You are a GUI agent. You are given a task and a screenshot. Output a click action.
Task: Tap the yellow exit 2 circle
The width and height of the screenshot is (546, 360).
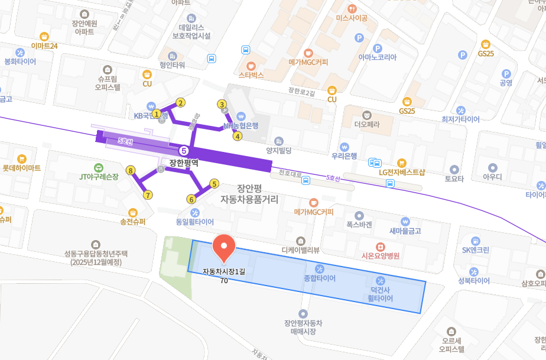[x=181, y=102]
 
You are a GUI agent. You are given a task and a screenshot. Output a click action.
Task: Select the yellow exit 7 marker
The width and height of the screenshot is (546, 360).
[x=148, y=194]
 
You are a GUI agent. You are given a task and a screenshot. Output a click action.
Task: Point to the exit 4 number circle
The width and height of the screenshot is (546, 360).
[x=238, y=136]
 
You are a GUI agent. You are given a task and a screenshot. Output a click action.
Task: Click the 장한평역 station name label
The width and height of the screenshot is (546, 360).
[x=183, y=163]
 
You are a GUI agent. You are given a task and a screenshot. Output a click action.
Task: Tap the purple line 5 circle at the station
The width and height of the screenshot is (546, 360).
[x=184, y=151]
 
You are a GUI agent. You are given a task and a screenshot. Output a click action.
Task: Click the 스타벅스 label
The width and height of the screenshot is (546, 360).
[x=251, y=75]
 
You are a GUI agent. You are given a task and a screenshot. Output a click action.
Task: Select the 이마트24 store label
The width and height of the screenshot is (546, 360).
[x=44, y=46]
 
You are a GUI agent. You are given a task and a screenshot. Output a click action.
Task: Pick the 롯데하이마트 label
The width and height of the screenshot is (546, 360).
[x=21, y=168]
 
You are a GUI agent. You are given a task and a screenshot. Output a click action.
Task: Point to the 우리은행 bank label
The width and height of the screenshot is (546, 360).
[x=344, y=155]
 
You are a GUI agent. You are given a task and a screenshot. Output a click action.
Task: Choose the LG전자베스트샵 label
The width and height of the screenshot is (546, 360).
[x=402, y=172]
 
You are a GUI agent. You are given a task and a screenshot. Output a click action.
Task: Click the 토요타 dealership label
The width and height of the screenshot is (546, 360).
[x=454, y=179]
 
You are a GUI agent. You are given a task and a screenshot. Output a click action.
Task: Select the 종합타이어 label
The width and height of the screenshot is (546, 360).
[x=320, y=278]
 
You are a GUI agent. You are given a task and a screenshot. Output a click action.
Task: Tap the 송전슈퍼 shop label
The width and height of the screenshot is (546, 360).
[x=132, y=222]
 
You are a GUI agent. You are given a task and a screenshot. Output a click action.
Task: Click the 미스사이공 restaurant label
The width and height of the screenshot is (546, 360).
[x=352, y=18]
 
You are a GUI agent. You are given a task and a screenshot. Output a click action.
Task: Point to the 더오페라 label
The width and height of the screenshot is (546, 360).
[x=366, y=125]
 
